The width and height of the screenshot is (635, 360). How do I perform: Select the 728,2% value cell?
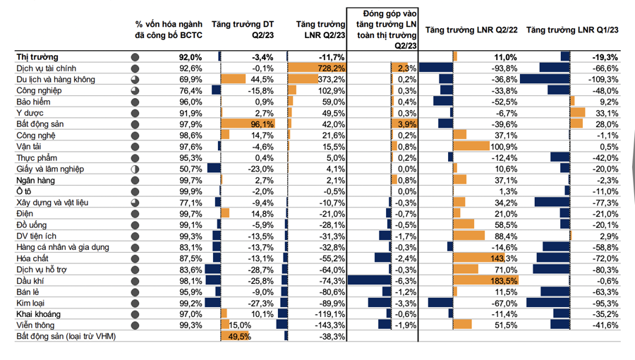click(x=330, y=68)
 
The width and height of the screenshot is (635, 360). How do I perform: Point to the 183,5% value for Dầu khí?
click(x=503, y=281)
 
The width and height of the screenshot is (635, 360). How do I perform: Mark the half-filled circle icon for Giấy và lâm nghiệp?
click(x=135, y=169)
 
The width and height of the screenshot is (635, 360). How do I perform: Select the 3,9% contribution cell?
click(x=407, y=124)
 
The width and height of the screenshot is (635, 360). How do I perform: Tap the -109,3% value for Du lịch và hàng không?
click(x=602, y=80)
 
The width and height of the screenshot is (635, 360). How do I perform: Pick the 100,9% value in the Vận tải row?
click(x=503, y=147)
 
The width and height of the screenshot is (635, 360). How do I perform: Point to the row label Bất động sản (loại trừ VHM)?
click(x=66, y=337)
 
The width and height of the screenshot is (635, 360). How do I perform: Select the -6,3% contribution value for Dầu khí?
click(x=407, y=281)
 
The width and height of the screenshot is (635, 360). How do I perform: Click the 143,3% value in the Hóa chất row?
click(x=503, y=258)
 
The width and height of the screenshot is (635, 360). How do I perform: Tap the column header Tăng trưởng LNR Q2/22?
click(x=473, y=31)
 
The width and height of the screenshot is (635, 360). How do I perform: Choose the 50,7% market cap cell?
click(x=190, y=169)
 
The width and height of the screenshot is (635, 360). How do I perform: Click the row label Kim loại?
click(x=32, y=303)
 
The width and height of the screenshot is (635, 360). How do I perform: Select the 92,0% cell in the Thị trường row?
click(x=190, y=57)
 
